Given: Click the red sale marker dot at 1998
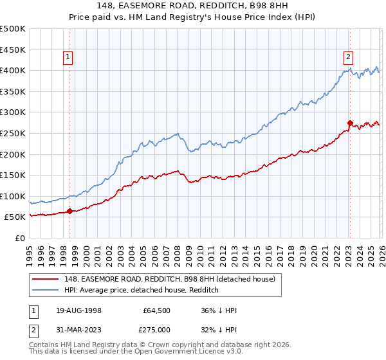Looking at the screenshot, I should coord(69,210).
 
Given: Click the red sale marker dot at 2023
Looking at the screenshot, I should coord(349,122).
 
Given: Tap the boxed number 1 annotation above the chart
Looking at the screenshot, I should coord(69,57).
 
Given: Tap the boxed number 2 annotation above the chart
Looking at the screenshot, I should coord(348,57).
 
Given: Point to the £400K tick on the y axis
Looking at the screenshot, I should coord(13,70).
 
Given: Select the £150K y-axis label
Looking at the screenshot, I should coord(13,175).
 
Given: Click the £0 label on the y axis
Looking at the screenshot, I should coord(19,238).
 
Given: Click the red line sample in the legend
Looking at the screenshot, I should coord(46,278).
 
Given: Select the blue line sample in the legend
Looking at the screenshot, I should coord(46,290).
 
